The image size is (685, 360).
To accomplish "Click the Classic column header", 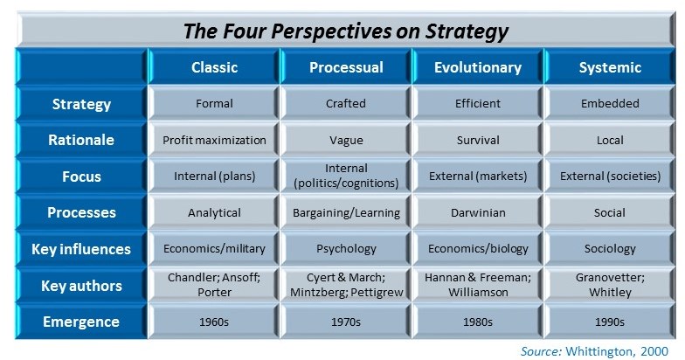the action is pyautogui.click(x=214, y=66).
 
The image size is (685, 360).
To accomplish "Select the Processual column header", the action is pyautogui.click(x=346, y=66).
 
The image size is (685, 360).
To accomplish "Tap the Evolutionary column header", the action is pyautogui.click(x=478, y=66).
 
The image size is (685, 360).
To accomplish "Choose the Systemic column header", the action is pyautogui.click(x=610, y=66).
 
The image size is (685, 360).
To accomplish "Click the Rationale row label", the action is pyautogui.click(x=81, y=140).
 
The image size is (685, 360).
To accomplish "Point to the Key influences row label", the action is pyautogui.click(x=81, y=249).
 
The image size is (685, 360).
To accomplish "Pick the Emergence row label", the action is pyautogui.click(x=81, y=322).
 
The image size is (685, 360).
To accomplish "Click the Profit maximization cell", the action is pyautogui.click(x=214, y=140).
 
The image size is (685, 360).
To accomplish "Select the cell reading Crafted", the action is pyautogui.click(x=346, y=103).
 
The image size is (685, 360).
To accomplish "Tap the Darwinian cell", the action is pyautogui.click(x=478, y=213).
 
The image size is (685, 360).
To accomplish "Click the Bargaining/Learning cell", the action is pyautogui.click(x=346, y=213).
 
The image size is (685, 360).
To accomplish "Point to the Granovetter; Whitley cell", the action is pyautogui.click(x=610, y=285).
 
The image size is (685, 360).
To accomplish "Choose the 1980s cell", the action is pyautogui.click(x=478, y=322).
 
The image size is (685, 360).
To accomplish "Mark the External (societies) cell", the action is pyautogui.click(x=610, y=177).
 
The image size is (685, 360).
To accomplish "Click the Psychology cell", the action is pyautogui.click(x=346, y=249).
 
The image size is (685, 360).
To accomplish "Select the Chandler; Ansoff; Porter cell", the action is pyautogui.click(x=214, y=285).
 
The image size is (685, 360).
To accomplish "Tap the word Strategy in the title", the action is pyautogui.click(x=467, y=31).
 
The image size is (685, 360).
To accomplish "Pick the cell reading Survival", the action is pyautogui.click(x=478, y=140).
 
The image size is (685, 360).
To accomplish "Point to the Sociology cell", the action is pyautogui.click(x=610, y=249).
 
